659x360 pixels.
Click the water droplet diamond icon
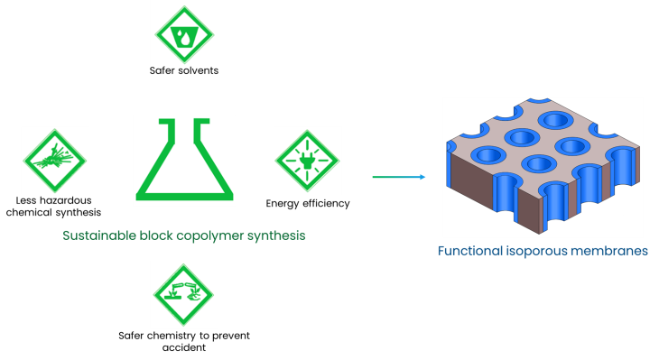pos(184,34)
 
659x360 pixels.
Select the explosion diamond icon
pos(55,161)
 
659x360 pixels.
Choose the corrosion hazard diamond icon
pos(184,295)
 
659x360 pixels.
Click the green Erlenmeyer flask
pos(184,160)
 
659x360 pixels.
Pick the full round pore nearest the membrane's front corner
pos(538,163)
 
